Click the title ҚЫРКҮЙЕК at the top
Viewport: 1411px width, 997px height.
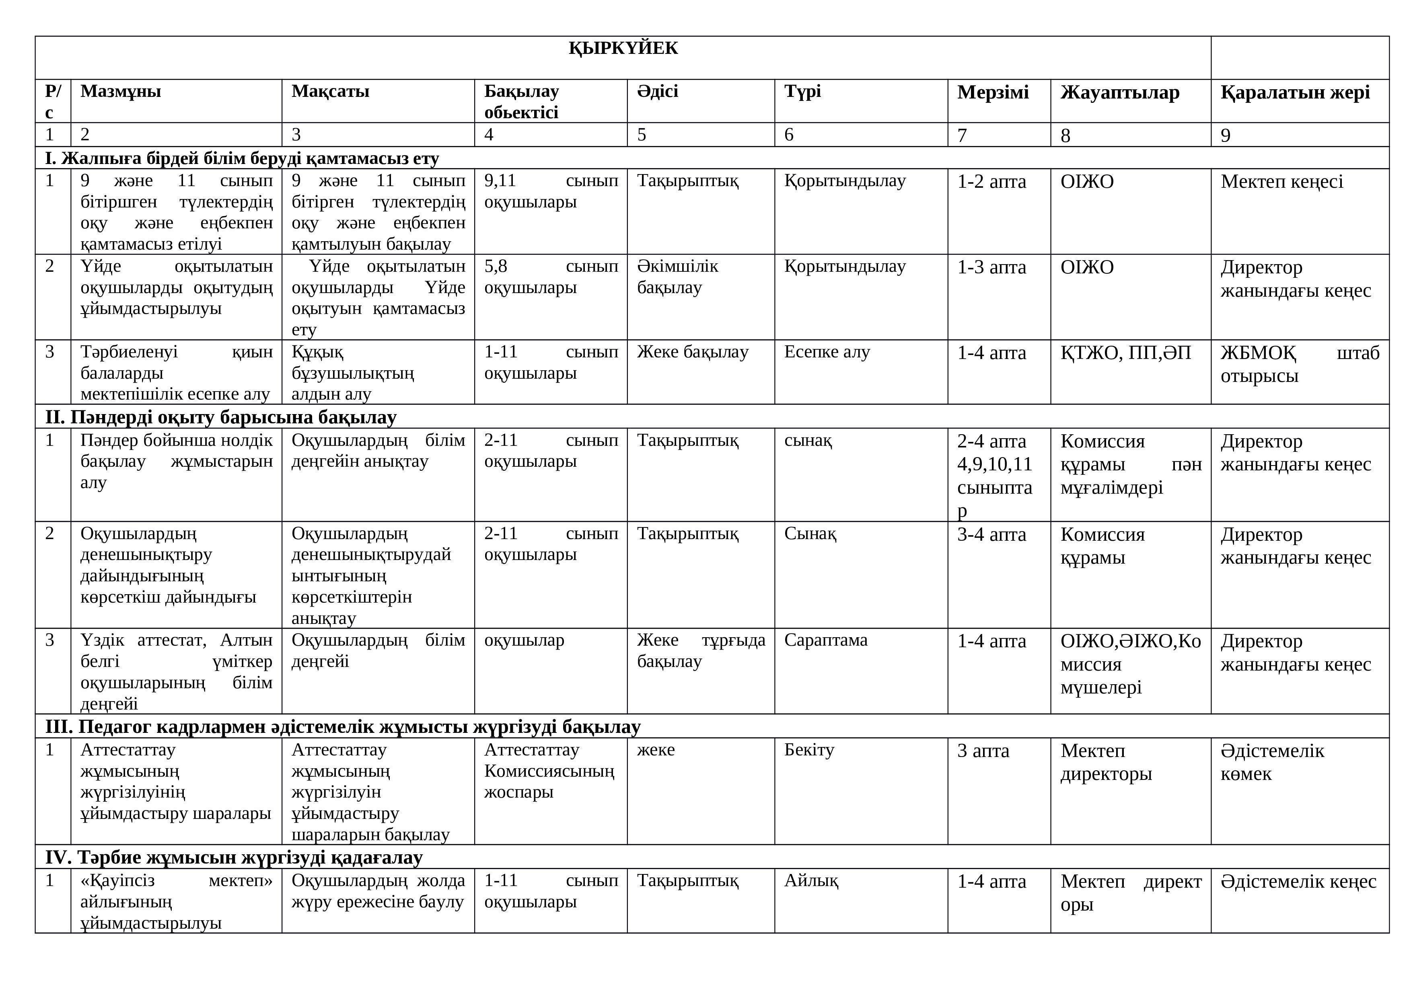point(623,49)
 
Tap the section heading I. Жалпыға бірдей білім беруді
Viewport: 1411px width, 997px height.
point(242,158)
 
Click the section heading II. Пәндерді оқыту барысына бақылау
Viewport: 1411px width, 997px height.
point(221,417)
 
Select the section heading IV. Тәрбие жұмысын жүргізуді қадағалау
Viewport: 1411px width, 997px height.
point(234,857)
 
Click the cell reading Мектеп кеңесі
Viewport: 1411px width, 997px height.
point(1281,182)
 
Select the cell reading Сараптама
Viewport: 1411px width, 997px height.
point(825,640)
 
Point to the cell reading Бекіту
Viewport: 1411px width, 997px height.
point(809,750)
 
